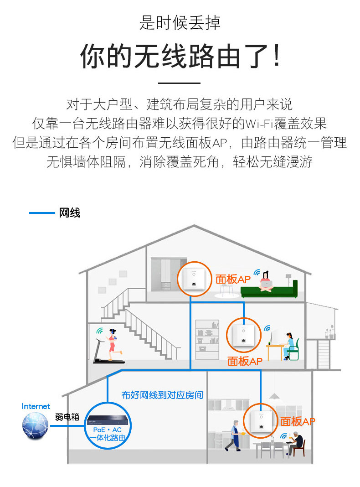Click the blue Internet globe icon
tap(35, 425)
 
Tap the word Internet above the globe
tap(36, 406)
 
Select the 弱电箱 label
tap(67, 417)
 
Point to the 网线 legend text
tap(70, 213)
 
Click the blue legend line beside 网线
tap(41, 213)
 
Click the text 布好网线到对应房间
tap(162, 395)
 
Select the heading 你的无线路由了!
tap(180, 57)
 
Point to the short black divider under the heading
tap(179, 83)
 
